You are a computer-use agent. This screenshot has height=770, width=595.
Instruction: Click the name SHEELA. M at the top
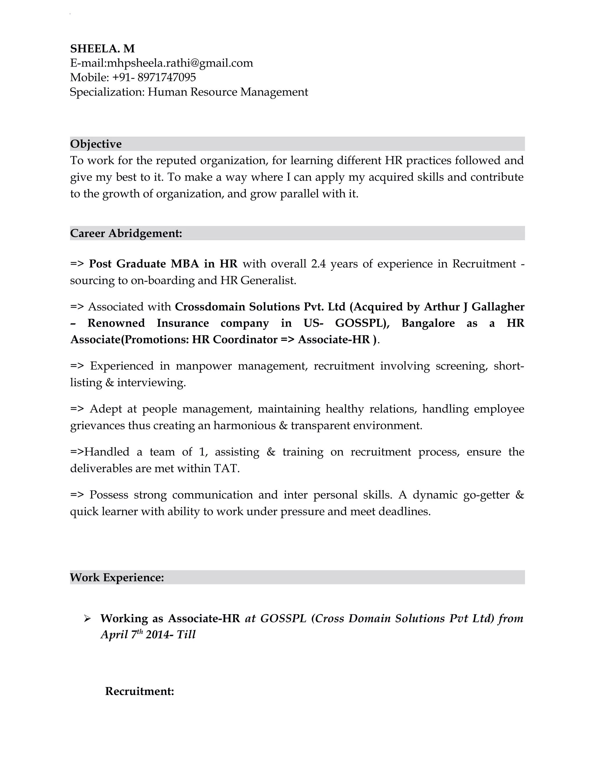click(x=102, y=48)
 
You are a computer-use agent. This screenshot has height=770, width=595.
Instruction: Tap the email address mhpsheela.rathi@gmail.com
click(x=180, y=63)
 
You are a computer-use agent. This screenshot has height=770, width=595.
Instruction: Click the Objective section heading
click(x=96, y=144)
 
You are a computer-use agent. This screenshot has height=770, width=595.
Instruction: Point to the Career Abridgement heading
click(x=126, y=233)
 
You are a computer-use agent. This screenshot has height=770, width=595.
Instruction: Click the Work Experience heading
click(x=117, y=577)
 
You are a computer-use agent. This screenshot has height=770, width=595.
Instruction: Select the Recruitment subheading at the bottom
click(x=139, y=691)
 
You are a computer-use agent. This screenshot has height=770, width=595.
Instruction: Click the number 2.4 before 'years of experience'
click(x=318, y=264)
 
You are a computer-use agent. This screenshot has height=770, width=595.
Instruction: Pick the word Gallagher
click(x=498, y=307)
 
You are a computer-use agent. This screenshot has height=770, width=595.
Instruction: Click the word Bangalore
click(x=428, y=323)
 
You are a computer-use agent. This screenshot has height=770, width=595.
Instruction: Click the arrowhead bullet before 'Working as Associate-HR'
click(x=87, y=619)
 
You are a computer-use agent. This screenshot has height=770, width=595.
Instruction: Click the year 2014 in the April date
click(x=157, y=635)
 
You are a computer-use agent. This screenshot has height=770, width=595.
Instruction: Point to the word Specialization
click(x=107, y=92)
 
